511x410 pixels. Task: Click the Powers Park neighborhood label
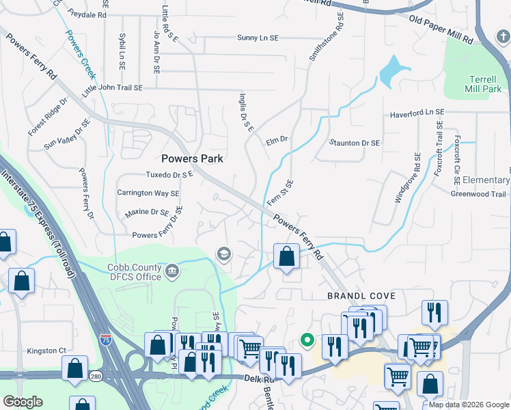193,159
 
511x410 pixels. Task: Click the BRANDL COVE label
361,295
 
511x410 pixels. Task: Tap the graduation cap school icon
223,255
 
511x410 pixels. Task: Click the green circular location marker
307,339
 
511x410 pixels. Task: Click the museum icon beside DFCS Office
171,272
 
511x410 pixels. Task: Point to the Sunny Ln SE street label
258,38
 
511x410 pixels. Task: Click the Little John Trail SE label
112,88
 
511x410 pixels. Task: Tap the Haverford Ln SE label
417,112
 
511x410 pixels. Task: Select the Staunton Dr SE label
355,143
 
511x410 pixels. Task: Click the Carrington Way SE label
148,193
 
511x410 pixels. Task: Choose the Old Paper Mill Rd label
441,28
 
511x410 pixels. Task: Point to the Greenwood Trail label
478,194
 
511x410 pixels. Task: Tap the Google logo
23,402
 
